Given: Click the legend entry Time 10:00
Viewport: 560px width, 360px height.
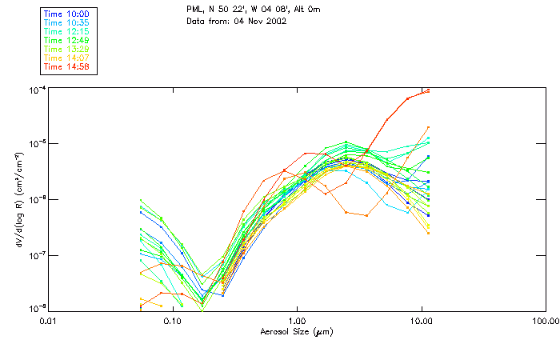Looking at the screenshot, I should (66, 14).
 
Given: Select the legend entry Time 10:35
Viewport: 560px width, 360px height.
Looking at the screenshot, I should (66, 22).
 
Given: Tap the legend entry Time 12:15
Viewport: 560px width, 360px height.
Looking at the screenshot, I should (66, 31).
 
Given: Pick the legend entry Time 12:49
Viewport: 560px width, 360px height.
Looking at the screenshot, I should (66, 40).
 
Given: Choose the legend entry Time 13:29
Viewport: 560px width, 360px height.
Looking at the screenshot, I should (66, 49).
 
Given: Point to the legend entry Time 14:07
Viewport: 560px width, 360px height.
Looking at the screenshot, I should (66, 58).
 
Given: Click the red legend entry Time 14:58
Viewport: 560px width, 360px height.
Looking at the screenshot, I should (66, 66).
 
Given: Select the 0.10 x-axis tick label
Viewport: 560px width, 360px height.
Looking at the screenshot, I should (173, 321).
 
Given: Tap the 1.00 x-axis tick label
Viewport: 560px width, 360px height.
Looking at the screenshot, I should (297, 321).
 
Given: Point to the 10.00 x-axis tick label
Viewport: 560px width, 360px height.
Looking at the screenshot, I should (421, 321).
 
